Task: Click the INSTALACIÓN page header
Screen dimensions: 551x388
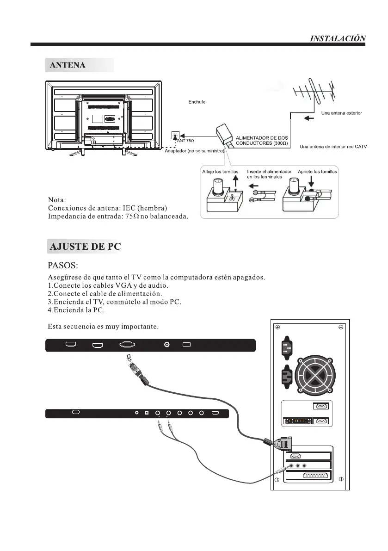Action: [x=338, y=38]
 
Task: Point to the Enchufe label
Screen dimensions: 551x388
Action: [x=197, y=101]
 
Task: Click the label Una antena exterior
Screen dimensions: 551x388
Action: [x=341, y=113]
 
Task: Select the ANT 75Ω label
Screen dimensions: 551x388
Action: [x=185, y=140]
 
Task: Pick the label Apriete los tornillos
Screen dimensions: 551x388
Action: [x=318, y=172]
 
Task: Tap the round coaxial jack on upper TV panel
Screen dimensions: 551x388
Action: [x=167, y=344]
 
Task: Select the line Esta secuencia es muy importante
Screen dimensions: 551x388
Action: [x=104, y=327]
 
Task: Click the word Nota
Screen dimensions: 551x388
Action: [x=57, y=200]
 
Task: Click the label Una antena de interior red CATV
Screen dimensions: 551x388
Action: [x=333, y=147]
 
